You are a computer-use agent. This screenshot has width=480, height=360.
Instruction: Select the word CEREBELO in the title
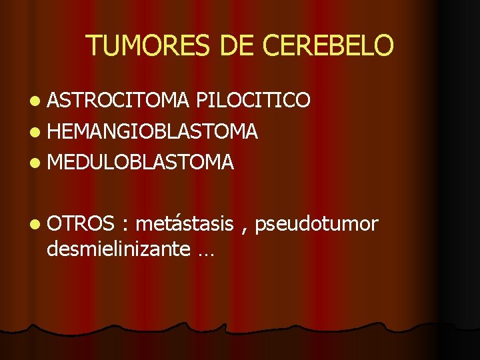[x=328, y=46]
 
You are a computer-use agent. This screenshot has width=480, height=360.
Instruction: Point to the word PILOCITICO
[x=253, y=101]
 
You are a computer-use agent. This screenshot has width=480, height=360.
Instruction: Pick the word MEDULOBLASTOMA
[x=140, y=161]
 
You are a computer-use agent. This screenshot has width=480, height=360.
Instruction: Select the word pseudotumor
[x=317, y=224]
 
